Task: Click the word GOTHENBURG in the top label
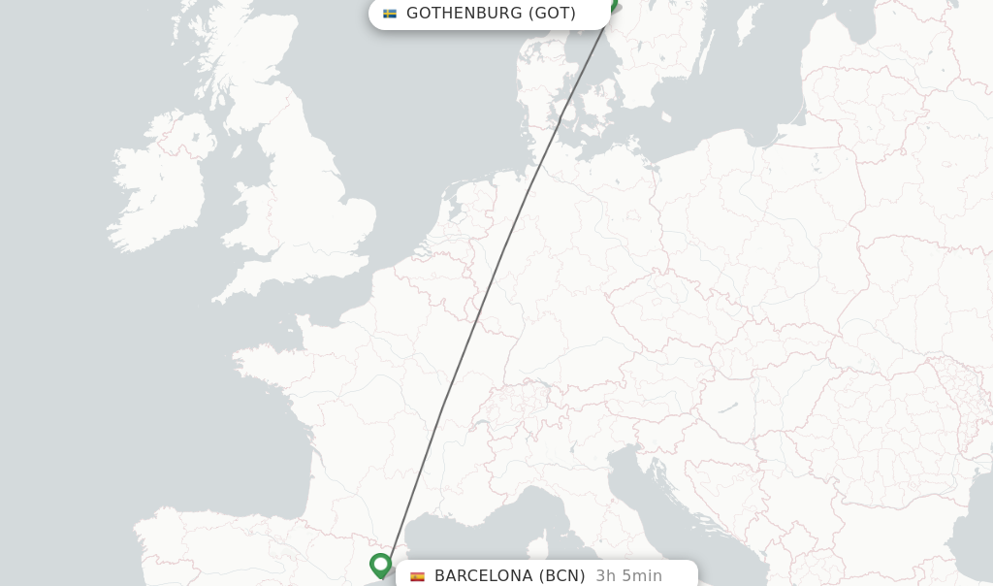[464, 14]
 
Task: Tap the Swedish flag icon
[390, 14]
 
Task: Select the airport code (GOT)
[552, 14]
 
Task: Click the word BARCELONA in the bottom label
[484, 575]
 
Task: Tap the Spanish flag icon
[418, 575]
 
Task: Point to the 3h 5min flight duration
[629, 575]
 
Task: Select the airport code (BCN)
[562, 575]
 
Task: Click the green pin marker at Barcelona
[380, 564]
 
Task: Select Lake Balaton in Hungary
[727, 408]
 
